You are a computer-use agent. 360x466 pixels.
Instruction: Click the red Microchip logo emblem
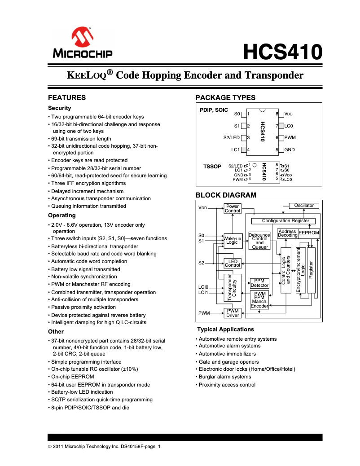coord(83,38)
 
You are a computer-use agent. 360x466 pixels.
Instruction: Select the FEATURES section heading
coord(67,98)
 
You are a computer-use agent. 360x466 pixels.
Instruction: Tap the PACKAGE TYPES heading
coord(225,98)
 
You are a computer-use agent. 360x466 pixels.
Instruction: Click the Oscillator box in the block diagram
coord(303,206)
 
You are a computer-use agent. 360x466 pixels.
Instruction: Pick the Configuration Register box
coord(285,221)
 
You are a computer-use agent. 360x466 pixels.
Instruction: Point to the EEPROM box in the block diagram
coord(309,233)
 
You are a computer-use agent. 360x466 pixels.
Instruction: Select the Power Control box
coord(233,208)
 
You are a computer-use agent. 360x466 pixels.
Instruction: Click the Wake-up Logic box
coord(232,240)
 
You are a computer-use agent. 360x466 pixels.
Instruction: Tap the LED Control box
coord(233,263)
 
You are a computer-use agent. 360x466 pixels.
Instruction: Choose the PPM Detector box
coord(259,283)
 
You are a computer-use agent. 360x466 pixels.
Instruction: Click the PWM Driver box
coord(233,313)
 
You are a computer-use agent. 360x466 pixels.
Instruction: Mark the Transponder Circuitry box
coord(232,288)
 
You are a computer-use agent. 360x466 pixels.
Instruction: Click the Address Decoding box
coord(287,233)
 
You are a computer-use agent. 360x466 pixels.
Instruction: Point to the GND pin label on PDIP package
coord(290,149)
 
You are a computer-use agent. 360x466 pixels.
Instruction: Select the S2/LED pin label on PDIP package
coord(232,138)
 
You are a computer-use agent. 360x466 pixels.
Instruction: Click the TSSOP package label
coord(212,167)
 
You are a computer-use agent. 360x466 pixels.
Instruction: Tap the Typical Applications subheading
coord(225,330)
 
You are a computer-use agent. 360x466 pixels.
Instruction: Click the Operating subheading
coord(62,215)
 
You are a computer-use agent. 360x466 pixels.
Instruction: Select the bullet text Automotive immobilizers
coord(227,354)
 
